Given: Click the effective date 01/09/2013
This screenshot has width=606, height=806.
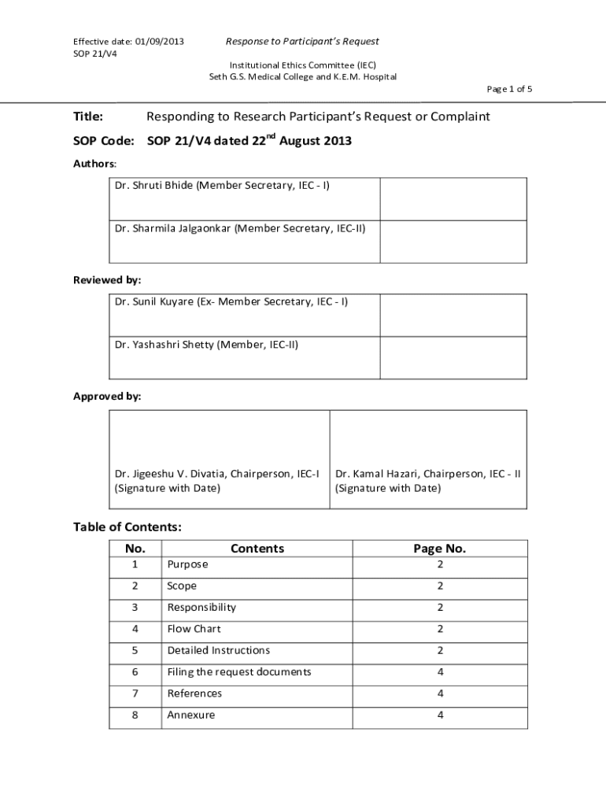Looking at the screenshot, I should point(160,41).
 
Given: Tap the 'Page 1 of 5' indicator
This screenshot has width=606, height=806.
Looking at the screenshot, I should point(509,89).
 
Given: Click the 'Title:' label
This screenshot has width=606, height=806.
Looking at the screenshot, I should point(88,116).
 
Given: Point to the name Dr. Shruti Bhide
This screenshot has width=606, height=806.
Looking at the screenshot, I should point(153,185).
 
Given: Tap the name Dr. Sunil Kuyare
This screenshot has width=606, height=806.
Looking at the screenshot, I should point(153,301).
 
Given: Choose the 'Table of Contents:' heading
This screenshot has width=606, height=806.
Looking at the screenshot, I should point(127,527).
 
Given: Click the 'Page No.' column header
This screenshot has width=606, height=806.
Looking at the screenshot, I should point(440,549).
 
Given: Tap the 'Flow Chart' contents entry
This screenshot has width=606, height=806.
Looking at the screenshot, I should point(194,629).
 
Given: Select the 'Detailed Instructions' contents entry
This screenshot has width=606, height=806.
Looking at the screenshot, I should point(218,650).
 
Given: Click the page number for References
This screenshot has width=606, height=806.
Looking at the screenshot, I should point(440,693).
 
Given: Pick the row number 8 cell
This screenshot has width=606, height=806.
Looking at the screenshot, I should point(135,715).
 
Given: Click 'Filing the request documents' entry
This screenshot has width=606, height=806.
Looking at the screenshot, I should point(239,671).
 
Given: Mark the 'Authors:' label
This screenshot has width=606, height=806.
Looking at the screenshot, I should point(94,164).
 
